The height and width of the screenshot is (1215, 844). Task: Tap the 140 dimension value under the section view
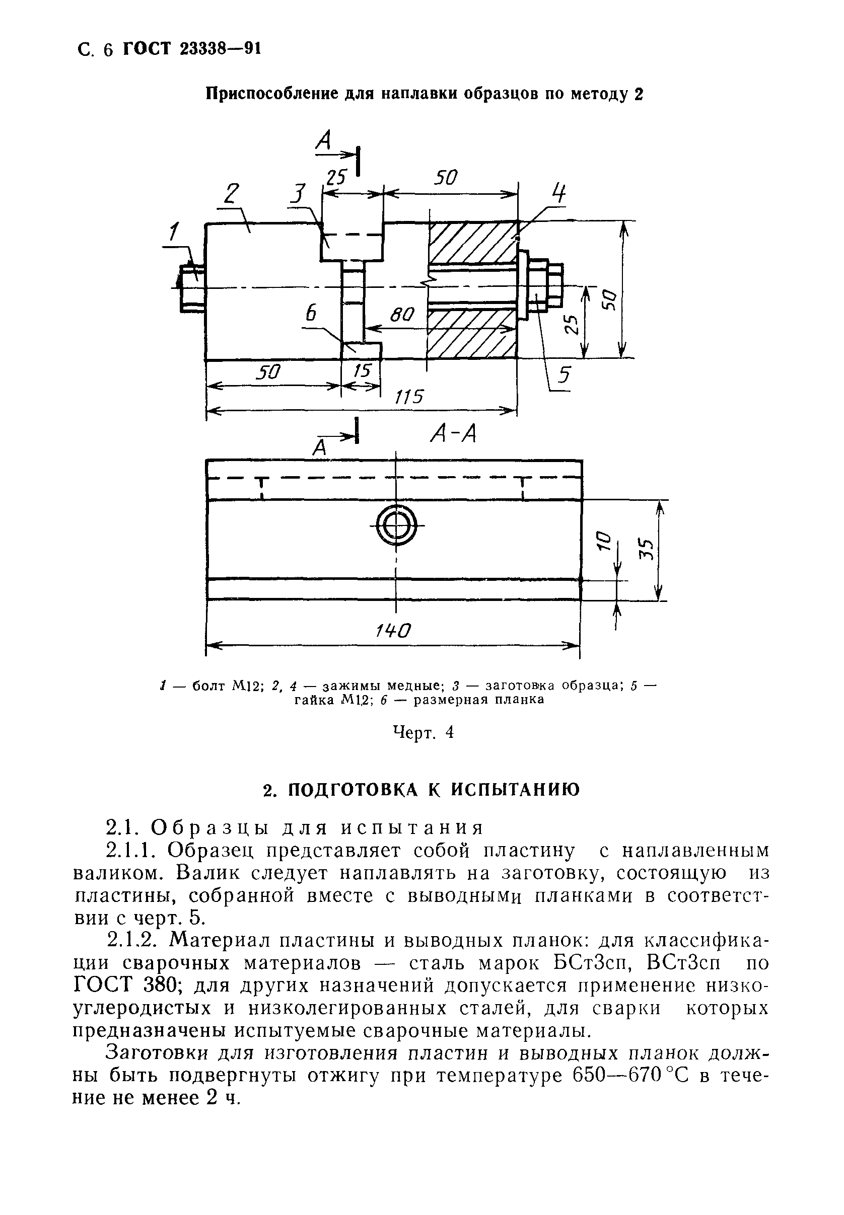point(392,630)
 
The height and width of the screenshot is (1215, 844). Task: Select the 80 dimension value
point(402,316)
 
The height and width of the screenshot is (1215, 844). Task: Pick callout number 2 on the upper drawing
point(231,194)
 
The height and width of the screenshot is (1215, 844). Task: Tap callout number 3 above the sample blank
point(299,194)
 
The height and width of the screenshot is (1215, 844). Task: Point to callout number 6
point(311,314)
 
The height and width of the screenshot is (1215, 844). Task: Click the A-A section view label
point(454,434)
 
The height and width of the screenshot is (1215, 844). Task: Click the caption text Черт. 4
point(423,732)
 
